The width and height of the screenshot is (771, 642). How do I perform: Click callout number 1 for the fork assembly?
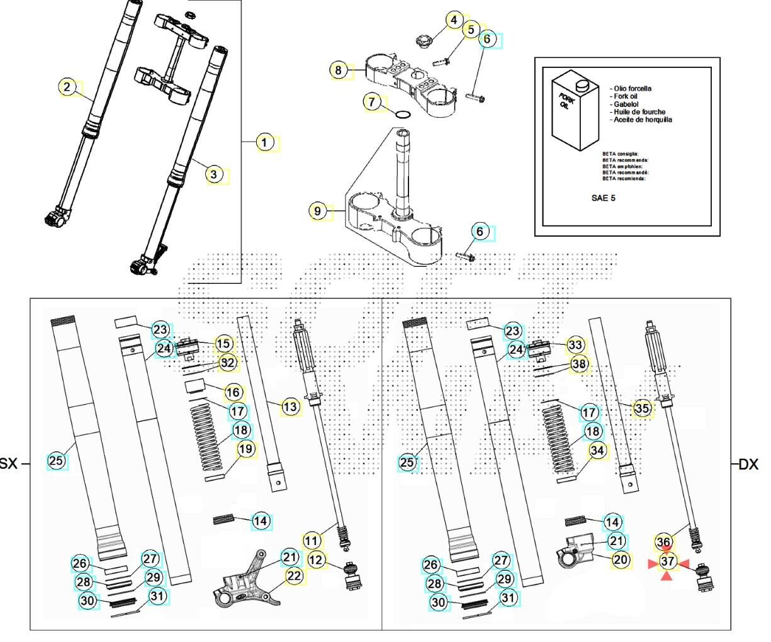(266, 143)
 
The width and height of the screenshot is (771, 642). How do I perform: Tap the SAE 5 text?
(603, 198)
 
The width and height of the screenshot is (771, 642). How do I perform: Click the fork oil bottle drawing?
(576, 111)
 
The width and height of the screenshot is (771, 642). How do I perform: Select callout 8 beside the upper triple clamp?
(339, 70)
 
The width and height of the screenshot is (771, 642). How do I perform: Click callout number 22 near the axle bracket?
(294, 575)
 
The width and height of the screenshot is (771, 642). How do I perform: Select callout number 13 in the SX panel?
(290, 407)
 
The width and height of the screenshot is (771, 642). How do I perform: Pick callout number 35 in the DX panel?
(642, 408)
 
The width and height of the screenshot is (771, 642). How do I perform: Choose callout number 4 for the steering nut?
(454, 20)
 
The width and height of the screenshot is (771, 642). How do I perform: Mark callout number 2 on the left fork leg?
(68, 87)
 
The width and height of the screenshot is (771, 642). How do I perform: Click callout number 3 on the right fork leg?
(214, 174)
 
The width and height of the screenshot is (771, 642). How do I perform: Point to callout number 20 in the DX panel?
(621, 560)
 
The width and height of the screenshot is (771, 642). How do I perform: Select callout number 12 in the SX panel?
(317, 559)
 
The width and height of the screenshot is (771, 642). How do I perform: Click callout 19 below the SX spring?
(245, 449)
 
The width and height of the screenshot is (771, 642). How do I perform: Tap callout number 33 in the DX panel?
(575, 344)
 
